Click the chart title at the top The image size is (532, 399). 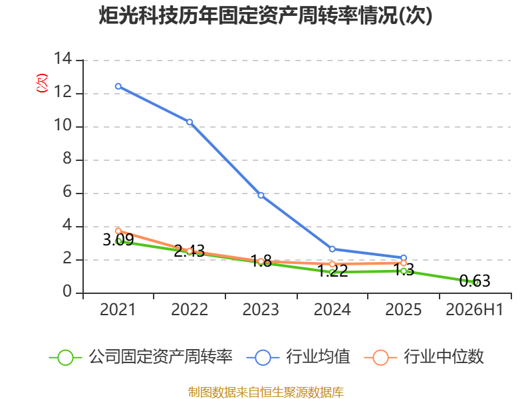(265, 15)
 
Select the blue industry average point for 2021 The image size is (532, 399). (118, 86)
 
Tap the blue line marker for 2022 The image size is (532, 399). (190, 122)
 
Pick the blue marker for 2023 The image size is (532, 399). (261, 195)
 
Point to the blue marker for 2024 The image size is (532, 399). (332, 249)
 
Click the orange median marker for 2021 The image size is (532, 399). (118, 231)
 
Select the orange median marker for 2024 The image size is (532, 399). (332, 264)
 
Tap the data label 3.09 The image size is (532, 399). (118, 240)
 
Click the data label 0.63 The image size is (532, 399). (475, 281)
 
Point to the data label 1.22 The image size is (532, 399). (332, 271)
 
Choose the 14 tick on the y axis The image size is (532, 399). (63, 59)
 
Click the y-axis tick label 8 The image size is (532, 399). (67, 158)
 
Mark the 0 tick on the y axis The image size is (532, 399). (67, 291)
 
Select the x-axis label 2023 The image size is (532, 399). (261, 309)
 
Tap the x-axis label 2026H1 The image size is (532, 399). (474, 309)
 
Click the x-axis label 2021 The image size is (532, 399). (118, 309)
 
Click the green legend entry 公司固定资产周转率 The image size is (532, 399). (141, 357)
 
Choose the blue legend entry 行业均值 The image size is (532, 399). (298, 357)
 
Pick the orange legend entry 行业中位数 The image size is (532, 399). (424, 357)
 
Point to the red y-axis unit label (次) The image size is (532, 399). (42, 83)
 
